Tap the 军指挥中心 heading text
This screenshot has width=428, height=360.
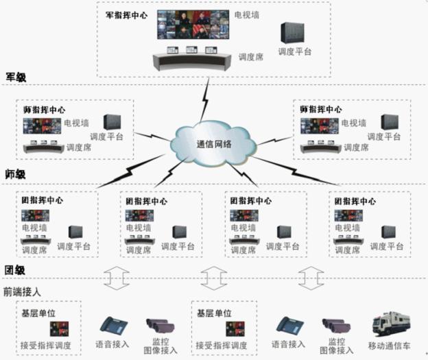[126, 15]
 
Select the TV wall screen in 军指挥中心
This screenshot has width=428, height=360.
[193, 25]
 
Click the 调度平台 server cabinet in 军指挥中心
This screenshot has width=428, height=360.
[293, 32]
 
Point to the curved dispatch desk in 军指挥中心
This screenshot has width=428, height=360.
[191, 62]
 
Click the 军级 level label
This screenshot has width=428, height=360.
[16, 77]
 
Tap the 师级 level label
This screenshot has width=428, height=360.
[15, 174]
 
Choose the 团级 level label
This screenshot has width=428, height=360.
[14, 270]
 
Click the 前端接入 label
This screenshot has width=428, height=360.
[22, 291]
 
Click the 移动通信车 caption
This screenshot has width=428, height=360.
[389, 346]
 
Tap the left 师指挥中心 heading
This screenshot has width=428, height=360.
[44, 110]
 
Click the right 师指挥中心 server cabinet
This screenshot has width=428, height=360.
[390, 122]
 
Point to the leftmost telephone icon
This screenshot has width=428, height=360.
[114, 325]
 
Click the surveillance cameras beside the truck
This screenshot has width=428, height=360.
[336, 326]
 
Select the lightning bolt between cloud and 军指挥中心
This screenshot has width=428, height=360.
[205, 99]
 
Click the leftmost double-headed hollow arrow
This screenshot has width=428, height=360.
[117, 278]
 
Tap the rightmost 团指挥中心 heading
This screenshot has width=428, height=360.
[355, 202]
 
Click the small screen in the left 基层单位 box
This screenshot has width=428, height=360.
[59, 329]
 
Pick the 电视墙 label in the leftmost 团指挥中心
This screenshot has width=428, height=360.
[34, 228]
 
